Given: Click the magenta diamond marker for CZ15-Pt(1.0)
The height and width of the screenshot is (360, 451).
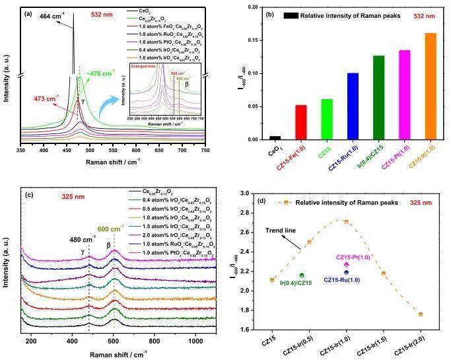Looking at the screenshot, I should [x=346, y=264].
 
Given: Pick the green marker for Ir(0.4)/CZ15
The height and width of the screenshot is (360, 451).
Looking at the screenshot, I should [x=302, y=275].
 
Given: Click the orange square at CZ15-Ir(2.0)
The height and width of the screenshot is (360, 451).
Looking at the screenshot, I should [x=421, y=314].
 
